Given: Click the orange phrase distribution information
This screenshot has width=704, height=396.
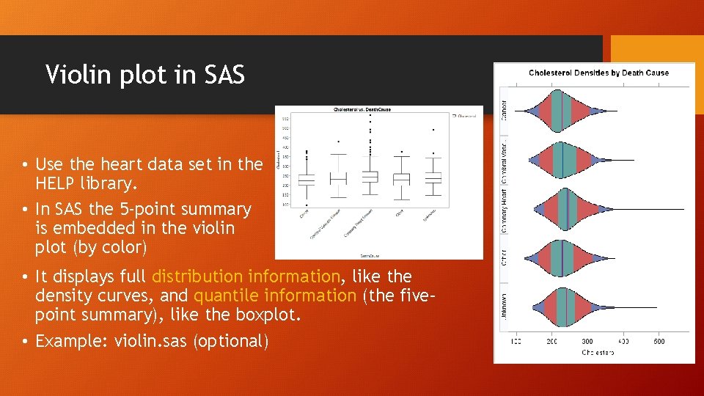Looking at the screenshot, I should [246, 277].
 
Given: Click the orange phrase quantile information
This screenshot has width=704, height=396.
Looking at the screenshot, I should [275, 296].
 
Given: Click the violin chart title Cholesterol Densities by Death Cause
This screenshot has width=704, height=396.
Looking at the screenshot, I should [598, 73].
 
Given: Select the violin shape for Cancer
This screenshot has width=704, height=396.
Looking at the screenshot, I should [561, 111].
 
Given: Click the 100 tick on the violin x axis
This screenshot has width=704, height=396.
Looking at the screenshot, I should [516, 342].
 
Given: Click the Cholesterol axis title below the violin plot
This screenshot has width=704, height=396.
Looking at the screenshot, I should [598, 353].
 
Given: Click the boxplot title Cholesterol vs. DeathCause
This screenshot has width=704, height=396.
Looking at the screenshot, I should [362, 110].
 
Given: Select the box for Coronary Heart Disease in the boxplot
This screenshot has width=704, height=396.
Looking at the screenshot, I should [370, 177].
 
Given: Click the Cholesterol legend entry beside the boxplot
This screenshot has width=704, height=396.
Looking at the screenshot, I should [466, 115].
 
